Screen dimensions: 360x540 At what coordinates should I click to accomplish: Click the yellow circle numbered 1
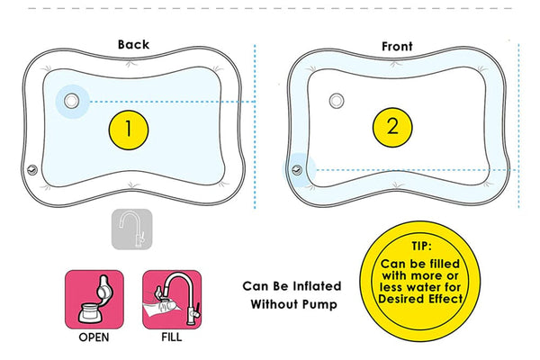coord(130,129)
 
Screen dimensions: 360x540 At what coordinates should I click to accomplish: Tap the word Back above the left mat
coord(133,44)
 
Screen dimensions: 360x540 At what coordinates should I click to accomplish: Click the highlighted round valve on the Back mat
coord(71,101)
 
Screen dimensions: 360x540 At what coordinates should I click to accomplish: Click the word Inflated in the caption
coord(310,286)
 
